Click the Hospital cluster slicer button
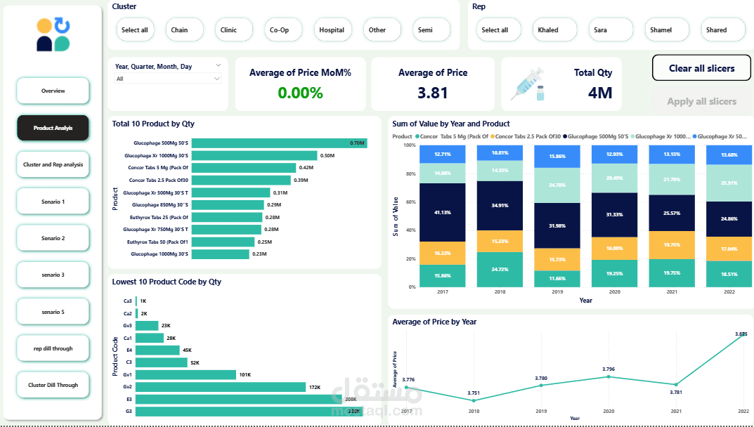pos(332,30)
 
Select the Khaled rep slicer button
pos(548,30)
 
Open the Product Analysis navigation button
pos(53,128)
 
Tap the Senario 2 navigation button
pos(53,238)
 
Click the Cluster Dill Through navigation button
pos(53,385)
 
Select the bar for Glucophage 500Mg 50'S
pos(279,143)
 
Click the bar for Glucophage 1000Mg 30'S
pos(221,254)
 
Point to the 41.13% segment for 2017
pos(443,212)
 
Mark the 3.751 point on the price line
pos(474,400)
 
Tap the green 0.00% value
pos(300,93)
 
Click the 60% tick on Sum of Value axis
pos(410,202)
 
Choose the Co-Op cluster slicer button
pos(284,30)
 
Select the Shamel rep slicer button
pos(661,30)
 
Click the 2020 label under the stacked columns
pos(614,291)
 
